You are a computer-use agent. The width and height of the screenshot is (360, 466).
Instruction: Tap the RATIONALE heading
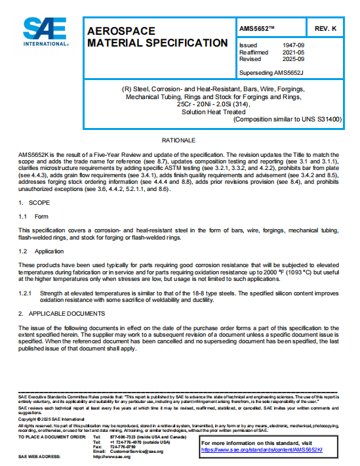[178, 141]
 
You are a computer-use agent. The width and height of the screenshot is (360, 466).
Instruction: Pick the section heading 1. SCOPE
[30, 202]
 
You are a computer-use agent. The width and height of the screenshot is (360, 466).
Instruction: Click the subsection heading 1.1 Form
[32, 216]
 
